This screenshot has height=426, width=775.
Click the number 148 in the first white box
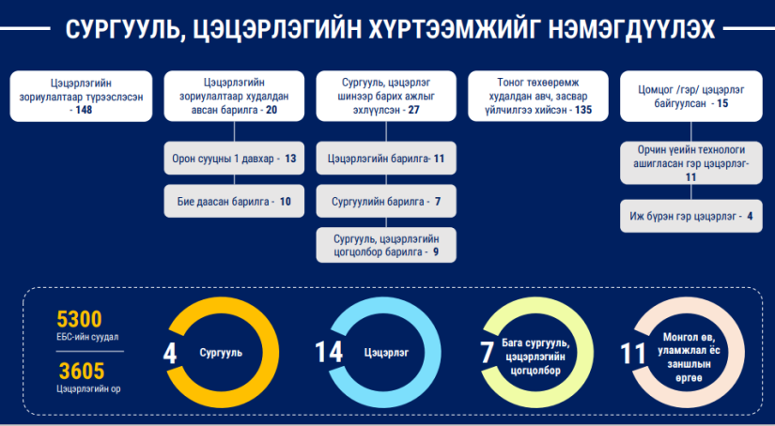tap(84, 110)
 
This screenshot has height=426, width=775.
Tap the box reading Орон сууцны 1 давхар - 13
tap(234, 159)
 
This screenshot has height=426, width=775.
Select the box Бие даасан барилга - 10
tap(234, 202)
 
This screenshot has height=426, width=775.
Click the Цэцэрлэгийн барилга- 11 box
tap(386, 159)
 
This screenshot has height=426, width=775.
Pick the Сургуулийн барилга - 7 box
tap(386, 202)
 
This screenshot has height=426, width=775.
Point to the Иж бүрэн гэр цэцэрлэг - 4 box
tap(691, 216)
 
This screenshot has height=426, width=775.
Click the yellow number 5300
tap(79, 319)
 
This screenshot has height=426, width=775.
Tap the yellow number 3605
tap(82, 371)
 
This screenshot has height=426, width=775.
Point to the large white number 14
tap(329, 353)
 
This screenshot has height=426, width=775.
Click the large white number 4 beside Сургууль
tap(169, 354)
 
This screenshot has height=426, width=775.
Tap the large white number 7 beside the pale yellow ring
tap(487, 354)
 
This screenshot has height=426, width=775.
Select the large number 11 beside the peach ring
tap(633, 354)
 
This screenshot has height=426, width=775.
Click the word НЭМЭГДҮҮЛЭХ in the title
tap(631, 30)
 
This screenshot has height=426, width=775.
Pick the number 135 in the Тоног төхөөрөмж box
tap(583, 110)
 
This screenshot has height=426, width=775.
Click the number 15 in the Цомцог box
tap(722, 103)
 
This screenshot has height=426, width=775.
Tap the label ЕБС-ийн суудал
tap(87, 337)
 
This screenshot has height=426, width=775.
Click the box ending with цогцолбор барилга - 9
tap(386, 245)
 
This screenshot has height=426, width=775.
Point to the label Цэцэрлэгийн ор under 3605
tap(88, 389)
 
